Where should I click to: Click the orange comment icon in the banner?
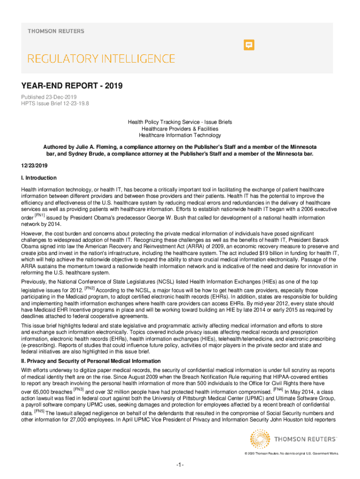tap(250, 45)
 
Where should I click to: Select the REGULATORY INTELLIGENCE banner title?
tap(101, 59)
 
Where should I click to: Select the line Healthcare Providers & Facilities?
tap(180, 129)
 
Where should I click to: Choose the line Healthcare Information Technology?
tap(180, 135)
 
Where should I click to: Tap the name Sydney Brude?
tap(83, 153)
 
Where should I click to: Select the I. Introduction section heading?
tap(38, 178)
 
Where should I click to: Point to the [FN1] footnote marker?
tap(39, 216)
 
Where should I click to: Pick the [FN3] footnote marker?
tap(78, 389)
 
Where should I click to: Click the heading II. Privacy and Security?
tap(97, 361)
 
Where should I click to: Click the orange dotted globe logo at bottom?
tap(259, 440)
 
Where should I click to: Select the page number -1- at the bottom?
tap(180, 464)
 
